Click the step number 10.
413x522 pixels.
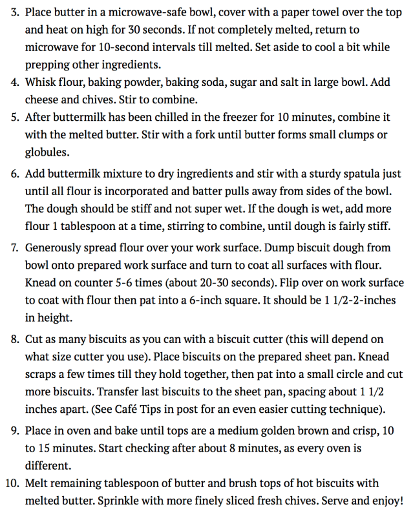[12, 483]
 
